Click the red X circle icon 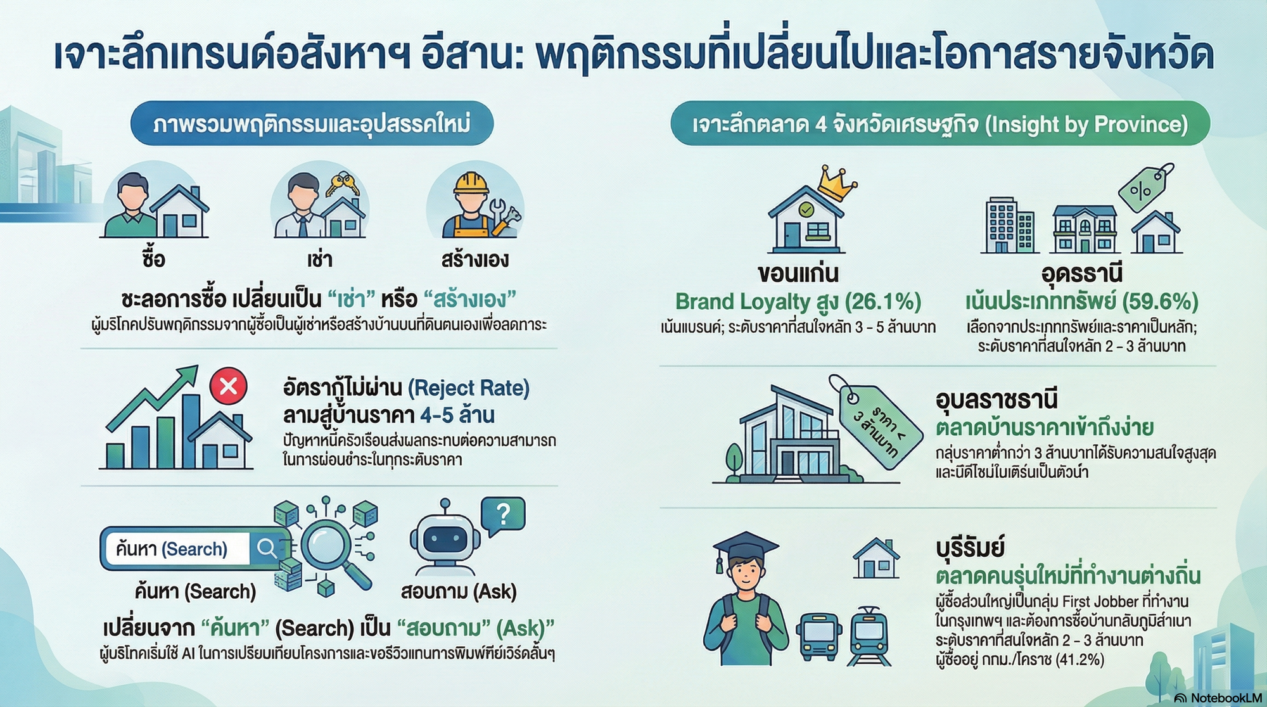click(x=229, y=386)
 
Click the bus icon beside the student click(x=818, y=636)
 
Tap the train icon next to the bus click(x=869, y=635)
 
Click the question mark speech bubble click(x=504, y=514)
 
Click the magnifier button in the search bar click(x=267, y=548)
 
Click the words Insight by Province click(x=1086, y=124)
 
